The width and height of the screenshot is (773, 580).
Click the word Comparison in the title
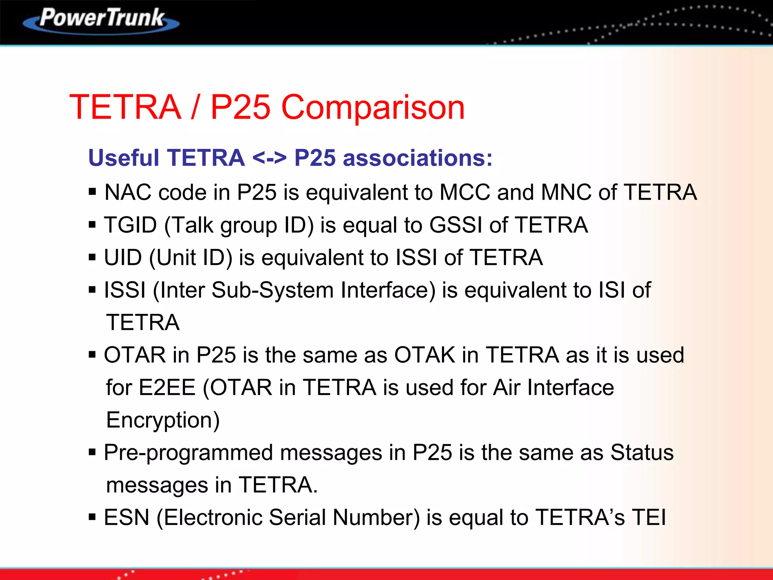[373, 107]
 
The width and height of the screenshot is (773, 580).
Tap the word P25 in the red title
[240, 107]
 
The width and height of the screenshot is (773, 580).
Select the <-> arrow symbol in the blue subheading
[269, 158]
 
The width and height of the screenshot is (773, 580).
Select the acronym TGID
[130, 225]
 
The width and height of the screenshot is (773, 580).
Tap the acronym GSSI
[456, 225]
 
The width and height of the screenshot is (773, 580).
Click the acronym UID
[123, 258]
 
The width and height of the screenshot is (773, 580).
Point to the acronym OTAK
[425, 355]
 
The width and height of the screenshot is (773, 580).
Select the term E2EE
[167, 388]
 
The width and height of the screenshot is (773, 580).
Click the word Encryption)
[163, 421]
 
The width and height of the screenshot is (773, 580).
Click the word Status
[642, 452]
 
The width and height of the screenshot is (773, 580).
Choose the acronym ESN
[126, 518]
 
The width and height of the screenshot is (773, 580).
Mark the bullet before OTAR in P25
[92, 355]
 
